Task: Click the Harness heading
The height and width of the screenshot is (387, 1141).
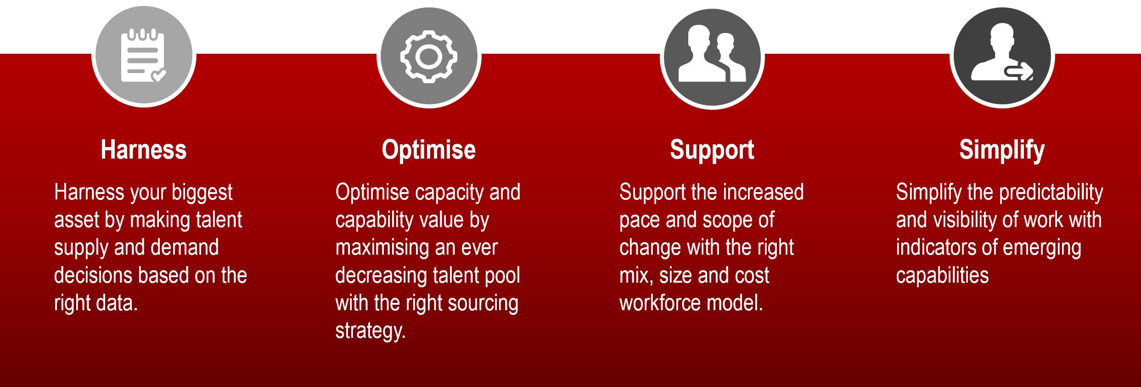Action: [x=144, y=150]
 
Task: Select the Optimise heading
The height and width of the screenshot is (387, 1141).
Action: [x=428, y=150]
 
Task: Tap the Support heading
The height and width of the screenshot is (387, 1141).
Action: [x=712, y=150]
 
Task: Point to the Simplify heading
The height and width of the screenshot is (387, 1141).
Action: [x=1002, y=150]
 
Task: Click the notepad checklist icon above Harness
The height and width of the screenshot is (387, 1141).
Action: [x=143, y=56]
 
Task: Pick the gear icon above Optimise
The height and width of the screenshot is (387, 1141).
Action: [x=428, y=57]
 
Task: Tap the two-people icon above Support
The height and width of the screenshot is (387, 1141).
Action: [x=712, y=54]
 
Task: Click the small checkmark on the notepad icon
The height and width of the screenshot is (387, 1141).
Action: [x=158, y=74]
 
